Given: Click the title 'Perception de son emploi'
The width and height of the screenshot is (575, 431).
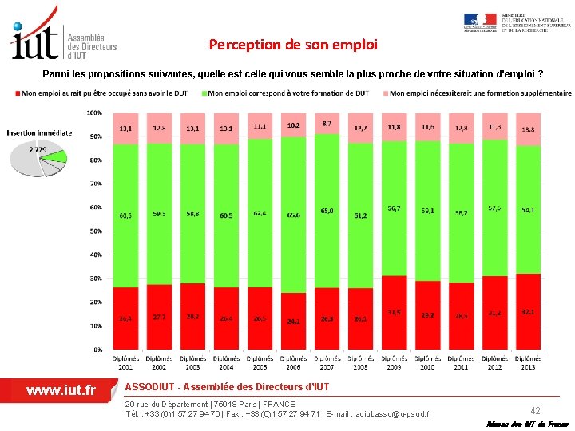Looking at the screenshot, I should [292, 45].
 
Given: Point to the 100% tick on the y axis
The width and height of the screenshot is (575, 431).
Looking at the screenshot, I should [94, 113].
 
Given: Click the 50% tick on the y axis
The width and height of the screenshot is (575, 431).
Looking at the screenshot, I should [95, 231].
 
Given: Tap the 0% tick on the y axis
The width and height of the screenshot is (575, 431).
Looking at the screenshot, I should [97, 350].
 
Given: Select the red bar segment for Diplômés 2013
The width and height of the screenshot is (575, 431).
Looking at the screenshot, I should [528, 311].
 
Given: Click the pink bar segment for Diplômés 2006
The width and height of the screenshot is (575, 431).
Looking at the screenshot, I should [294, 126].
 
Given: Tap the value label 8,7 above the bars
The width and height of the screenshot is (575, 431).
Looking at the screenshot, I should [327, 124].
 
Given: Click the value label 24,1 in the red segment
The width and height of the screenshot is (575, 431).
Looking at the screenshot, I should [294, 322].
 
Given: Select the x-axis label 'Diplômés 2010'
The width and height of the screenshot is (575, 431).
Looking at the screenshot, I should [427, 362].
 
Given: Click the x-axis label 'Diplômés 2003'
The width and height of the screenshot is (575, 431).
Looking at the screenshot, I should [193, 362].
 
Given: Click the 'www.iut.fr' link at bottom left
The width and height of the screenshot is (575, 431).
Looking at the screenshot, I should [61, 390].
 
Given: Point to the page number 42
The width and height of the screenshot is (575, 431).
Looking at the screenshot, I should [536, 409].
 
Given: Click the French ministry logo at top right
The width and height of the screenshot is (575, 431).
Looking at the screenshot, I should [516, 23].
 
